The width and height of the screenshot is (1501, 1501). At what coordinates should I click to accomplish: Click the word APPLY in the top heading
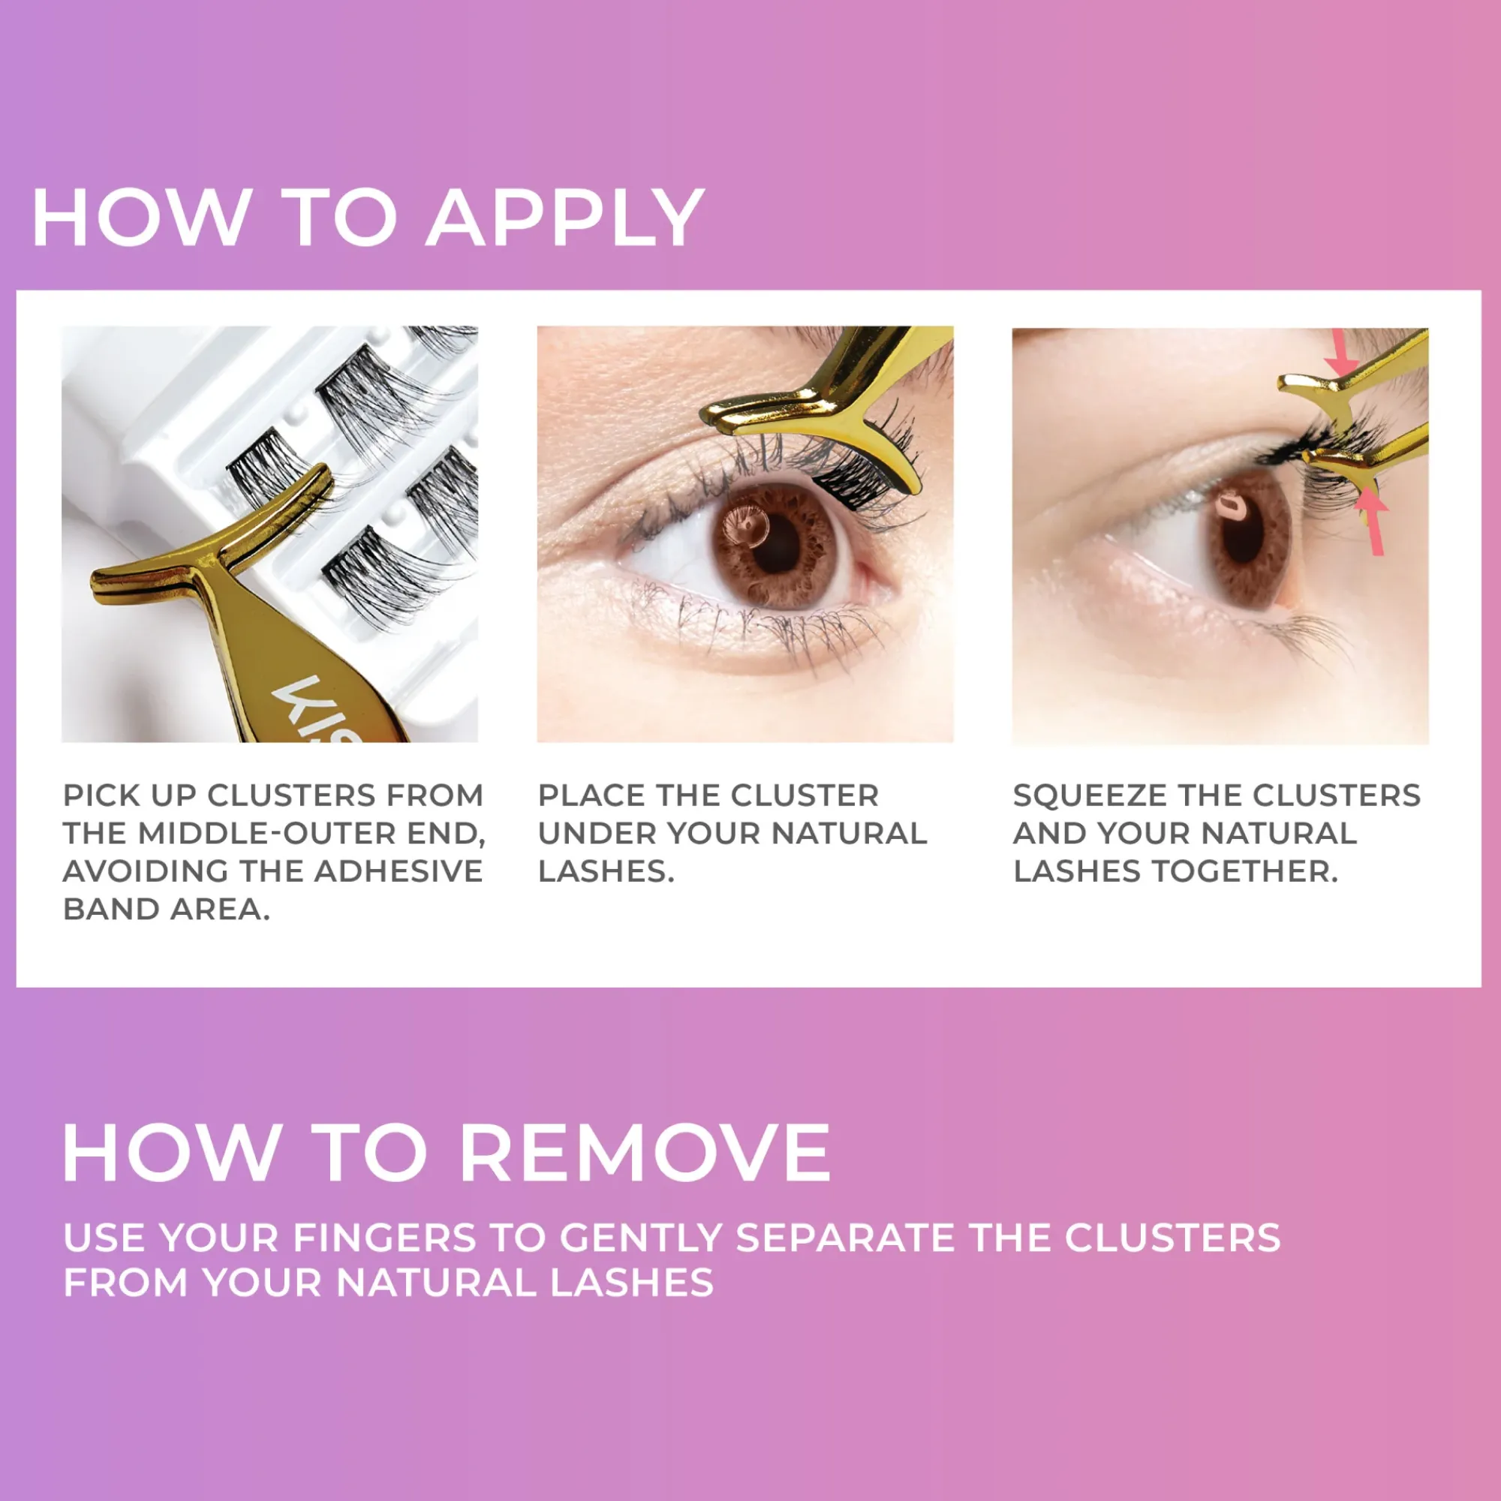tap(565, 218)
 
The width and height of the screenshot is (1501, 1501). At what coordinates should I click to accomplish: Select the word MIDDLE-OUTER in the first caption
tap(272, 833)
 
